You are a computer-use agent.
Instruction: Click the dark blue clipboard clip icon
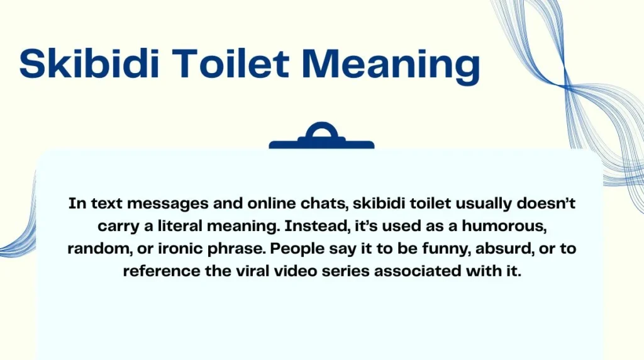pyautogui.click(x=321, y=137)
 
